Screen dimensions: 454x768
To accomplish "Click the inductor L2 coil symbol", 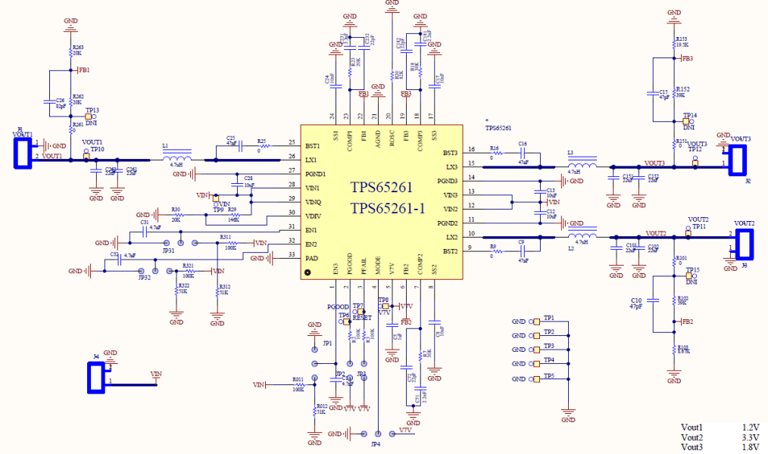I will tap(582, 236).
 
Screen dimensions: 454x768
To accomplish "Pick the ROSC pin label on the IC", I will tap(392, 138).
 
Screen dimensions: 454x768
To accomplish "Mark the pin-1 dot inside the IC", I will tap(308, 272).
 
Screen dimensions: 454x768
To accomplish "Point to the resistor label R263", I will tap(77, 48).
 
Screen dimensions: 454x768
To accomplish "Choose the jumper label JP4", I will tap(376, 445).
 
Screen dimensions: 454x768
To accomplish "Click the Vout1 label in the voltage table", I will tap(692, 428).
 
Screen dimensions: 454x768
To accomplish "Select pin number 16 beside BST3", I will tap(471, 149).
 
